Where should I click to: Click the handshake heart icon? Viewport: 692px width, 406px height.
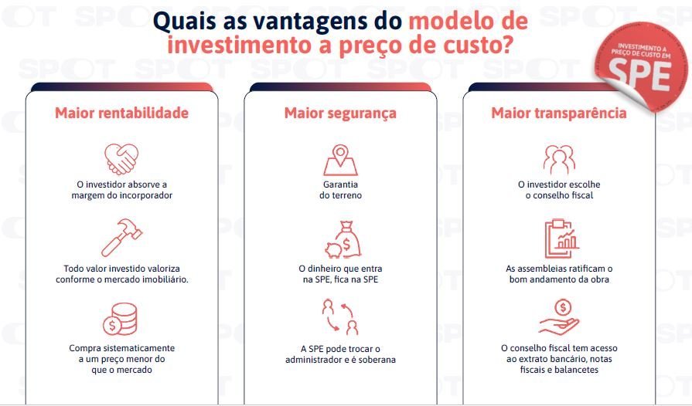coord(121,159)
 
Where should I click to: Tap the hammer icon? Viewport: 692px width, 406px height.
coord(122,238)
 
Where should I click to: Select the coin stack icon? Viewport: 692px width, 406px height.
coord(120,320)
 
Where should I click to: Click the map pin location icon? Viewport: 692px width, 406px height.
coord(340,161)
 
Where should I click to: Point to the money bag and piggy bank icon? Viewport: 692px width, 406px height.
coord(343,239)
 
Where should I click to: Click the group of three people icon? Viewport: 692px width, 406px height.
coord(559,160)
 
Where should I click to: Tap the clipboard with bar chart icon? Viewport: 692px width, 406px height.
coord(561,239)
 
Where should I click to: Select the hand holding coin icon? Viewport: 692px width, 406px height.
coord(559,317)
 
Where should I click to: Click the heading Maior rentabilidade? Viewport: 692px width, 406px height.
coord(122,113)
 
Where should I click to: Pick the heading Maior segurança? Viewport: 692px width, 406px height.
coord(340,113)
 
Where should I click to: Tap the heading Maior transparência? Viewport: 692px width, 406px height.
coord(559,113)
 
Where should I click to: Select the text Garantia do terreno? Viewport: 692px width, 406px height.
coord(340,190)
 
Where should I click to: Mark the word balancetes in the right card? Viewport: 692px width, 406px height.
coord(576,370)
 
